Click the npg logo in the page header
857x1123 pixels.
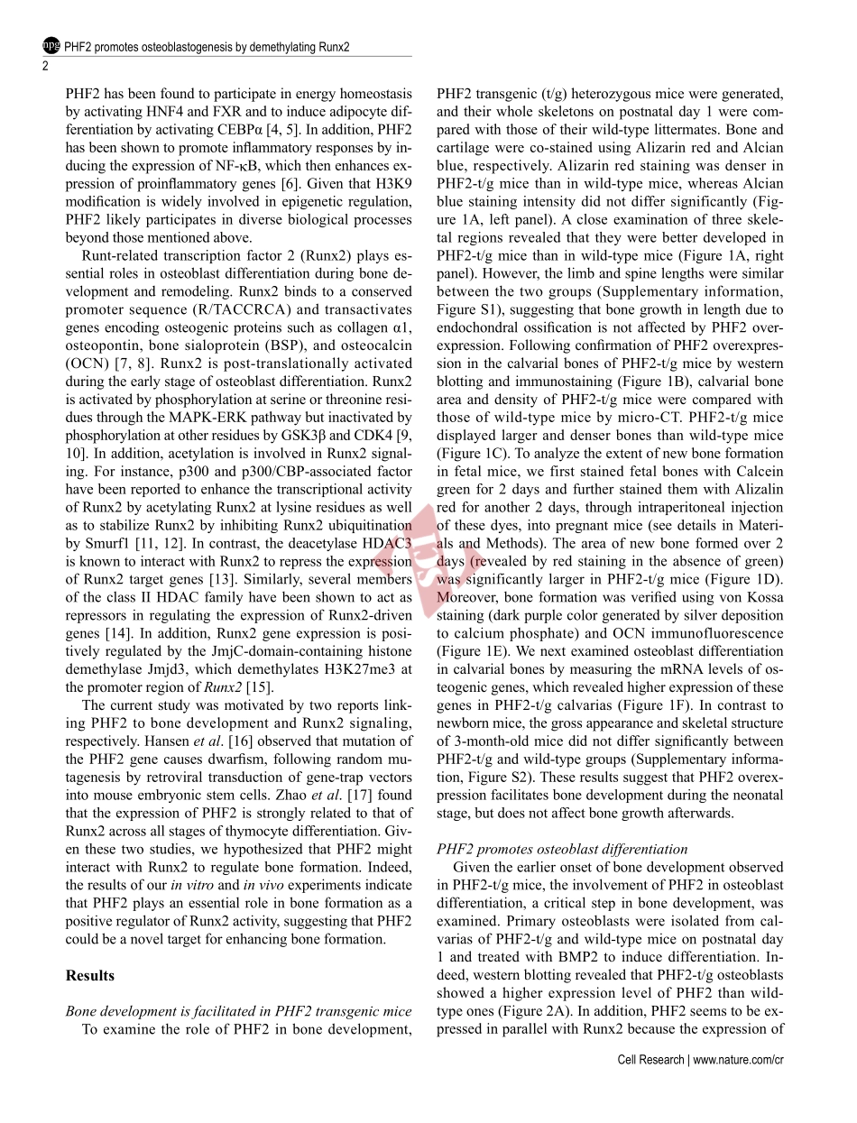tap(52, 45)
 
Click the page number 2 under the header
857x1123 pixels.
tap(46, 65)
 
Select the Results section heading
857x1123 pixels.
tap(90, 975)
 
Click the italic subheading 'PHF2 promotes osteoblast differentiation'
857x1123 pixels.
tap(562, 849)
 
